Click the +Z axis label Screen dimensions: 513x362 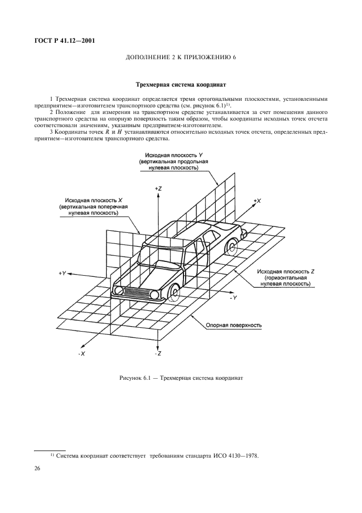pyautogui.click(x=158, y=188)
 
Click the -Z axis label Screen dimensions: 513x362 pyautogui.click(x=158, y=355)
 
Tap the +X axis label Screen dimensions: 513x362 pyautogui.click(x=257, y=201)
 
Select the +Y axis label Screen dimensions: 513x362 pyautogui.click(x=62, y=272)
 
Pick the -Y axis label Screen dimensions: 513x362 pyautogui.click(x=233, y=297)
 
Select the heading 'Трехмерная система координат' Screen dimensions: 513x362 pyautogui.click(x=181, y=85)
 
